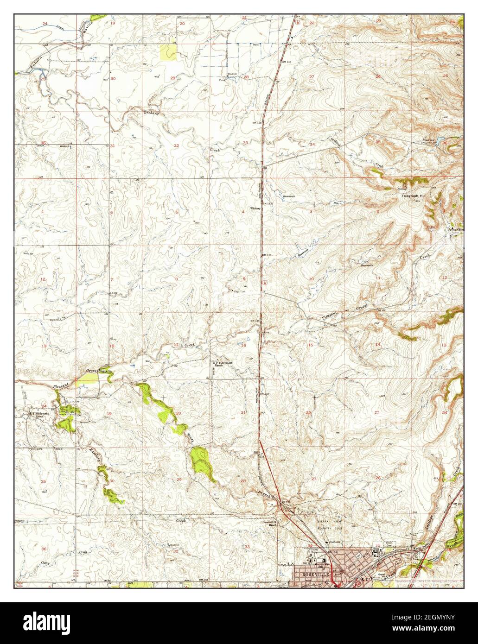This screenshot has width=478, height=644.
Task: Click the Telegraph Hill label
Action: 414,196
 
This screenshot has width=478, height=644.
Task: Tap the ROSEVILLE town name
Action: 315,574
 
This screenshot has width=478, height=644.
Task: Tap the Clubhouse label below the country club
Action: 335,542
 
